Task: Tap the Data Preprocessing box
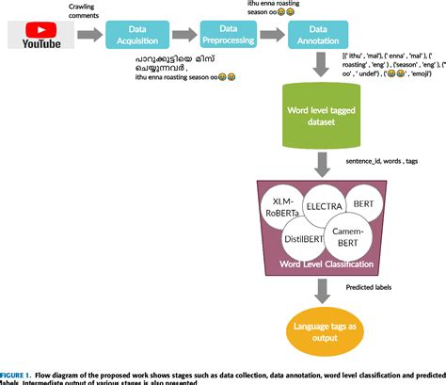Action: (228, 35)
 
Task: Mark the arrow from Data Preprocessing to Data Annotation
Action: (275, 36)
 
